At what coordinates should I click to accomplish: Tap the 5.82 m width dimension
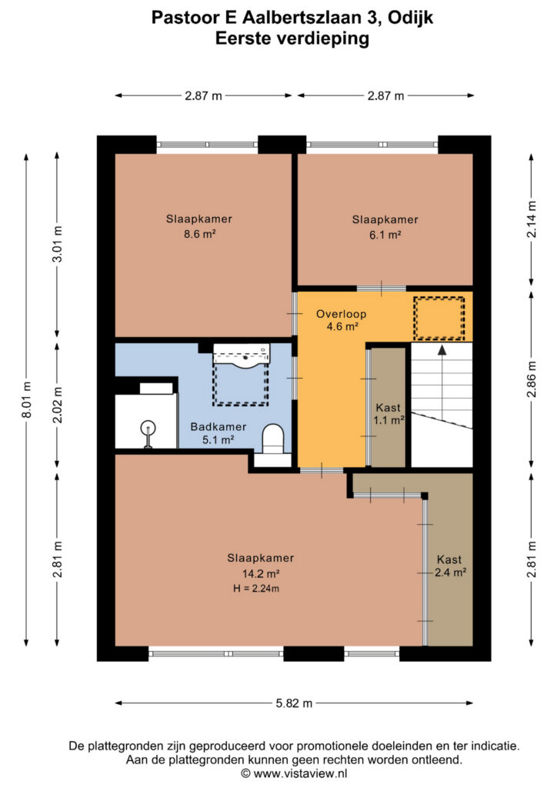click(x=294, y=703)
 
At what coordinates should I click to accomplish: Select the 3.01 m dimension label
click(x=58, y=244)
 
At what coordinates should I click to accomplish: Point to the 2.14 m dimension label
click(x=532, y=219)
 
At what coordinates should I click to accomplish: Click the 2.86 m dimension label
click(x=532, y=379)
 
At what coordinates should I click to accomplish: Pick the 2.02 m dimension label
click(x=58, y=405)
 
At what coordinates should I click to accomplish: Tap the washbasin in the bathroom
click(x=242, y=354)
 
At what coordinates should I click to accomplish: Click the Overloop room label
click(x=341, y=314)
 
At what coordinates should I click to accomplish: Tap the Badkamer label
click(x=218, y=426)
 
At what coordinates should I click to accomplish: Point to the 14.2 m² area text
click(x=261, y=573)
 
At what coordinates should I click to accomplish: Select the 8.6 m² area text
click(x=199, y=234)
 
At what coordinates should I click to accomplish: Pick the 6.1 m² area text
click(x=385, y=235)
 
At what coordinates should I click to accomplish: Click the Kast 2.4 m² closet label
click(x=449, y=566)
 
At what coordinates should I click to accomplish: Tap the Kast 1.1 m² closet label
click(x=389, y=413)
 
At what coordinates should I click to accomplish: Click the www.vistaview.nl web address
click(x=300, y=773)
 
